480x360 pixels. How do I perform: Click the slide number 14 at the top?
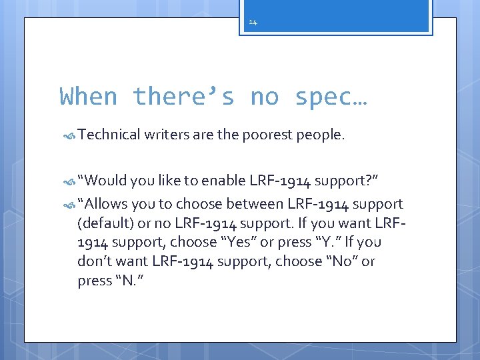coord(253,22)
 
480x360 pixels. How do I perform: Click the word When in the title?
coord(88,97)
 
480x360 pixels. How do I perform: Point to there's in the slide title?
coord(183,97)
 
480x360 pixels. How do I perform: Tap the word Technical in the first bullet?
coord(107,135)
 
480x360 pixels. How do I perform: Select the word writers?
coord(167,135)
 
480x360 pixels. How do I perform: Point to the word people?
coord(320,135)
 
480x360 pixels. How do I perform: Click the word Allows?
coord(103,203)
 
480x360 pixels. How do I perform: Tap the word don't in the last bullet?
coord(95,261)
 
